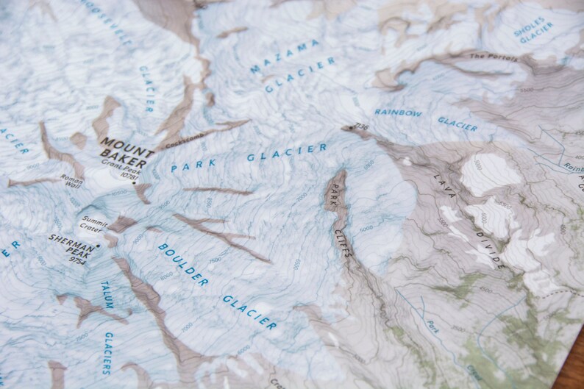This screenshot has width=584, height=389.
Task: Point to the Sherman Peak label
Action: [x=72, y=243]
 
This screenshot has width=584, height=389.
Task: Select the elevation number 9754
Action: [x=76, y=260]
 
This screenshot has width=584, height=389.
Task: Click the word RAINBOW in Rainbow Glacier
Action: [x=398, y=113]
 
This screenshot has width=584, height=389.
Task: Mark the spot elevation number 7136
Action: [x=360, y=127]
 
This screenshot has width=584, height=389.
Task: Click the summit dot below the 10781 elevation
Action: [x=135, y=182]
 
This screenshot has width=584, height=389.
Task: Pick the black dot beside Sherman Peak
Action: [x=97, y=246]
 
